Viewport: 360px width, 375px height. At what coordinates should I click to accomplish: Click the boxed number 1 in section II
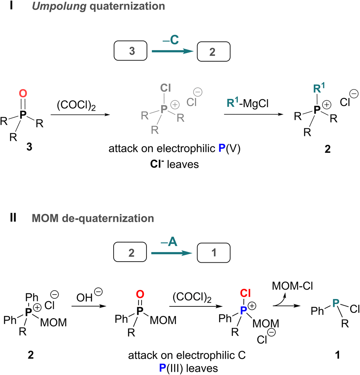click(x=213, y=253)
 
